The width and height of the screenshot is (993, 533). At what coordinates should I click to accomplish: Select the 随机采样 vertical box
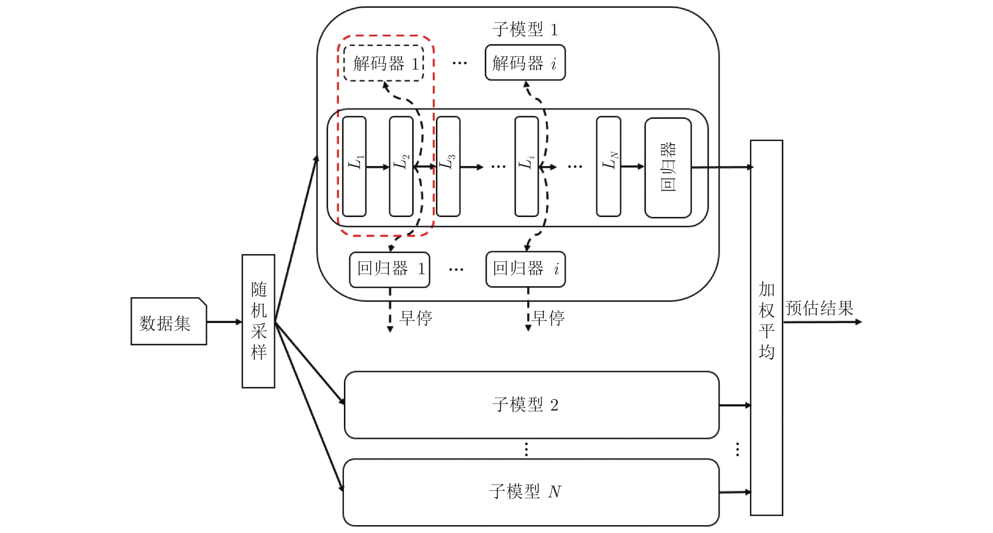click(x=258, y=321)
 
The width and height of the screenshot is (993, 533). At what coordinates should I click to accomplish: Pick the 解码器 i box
click(x=525, y=63)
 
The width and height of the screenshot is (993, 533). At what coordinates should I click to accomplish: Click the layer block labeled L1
click(x=354, y=166)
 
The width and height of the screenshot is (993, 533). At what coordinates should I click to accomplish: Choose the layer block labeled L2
click(x=401, y=166)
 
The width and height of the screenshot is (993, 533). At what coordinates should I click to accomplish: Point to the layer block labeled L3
click(x=448, y=166)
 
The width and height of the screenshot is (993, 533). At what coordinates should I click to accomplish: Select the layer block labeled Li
click(x=526, y=166)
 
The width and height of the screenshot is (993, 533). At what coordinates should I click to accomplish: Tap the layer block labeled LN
click(x=608, y=166)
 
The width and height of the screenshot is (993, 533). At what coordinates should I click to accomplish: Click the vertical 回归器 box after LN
click(x=668, y=167)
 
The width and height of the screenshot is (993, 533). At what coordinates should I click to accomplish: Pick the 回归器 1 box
click(x=389, y=269)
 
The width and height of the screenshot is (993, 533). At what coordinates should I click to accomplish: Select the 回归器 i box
click(x=526, y=269)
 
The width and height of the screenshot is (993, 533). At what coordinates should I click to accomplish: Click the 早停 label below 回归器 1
click(x=416, y=318)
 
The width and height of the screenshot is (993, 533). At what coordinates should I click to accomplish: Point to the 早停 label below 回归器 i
click(x=549, y=318)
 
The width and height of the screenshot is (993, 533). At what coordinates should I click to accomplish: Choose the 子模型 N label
click(x=525, y=492)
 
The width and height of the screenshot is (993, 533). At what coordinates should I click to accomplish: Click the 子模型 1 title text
click(x=525, y=29)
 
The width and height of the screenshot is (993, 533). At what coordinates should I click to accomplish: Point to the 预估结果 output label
click(x=820, y=308)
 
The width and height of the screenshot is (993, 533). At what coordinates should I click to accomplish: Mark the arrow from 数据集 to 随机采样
click(x=224, y=321)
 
